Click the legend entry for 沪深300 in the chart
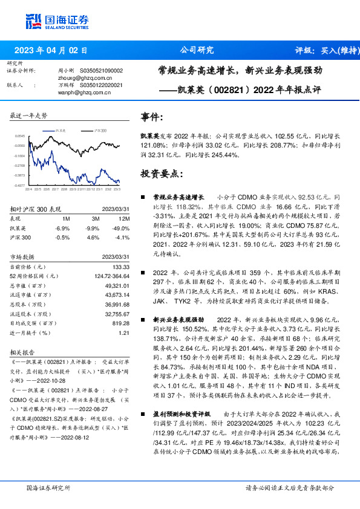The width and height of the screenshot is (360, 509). (x=100, y=130)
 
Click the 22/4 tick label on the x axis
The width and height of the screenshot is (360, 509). (x=28, y=189)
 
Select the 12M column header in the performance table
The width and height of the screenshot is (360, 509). (x=125, y=218)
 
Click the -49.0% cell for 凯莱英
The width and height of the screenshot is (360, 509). (x=123, y=228)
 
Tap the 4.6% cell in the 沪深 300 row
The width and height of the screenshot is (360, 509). (x=94, y=237)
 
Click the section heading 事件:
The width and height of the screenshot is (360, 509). (x=152, y=117)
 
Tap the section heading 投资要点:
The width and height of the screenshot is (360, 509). (x=162, y=173)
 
